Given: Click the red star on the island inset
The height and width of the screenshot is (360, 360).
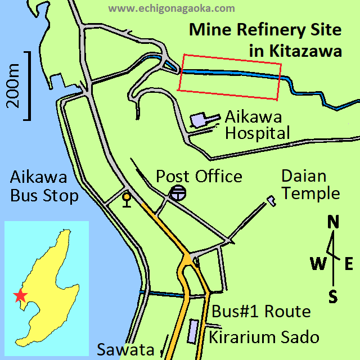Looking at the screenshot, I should pos(20,295).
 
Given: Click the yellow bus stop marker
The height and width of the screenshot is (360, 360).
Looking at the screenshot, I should pos(127,199).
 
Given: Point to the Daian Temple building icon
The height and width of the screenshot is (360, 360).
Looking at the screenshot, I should pos(272,200).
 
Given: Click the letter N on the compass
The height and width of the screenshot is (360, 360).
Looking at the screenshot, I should pos(333,223).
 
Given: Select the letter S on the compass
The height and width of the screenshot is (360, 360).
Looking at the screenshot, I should pos(333,296).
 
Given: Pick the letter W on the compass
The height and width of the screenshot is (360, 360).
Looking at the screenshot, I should pos(317,262).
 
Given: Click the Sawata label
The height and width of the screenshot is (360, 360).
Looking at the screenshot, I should pos(125,349).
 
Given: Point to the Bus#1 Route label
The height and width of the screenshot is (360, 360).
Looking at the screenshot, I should pos(260,311).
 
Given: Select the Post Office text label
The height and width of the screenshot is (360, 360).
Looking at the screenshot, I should pos(199,176).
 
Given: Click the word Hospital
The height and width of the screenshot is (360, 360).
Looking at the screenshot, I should pos(257,133).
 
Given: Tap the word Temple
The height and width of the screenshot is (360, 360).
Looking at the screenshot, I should pos(310,193).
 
